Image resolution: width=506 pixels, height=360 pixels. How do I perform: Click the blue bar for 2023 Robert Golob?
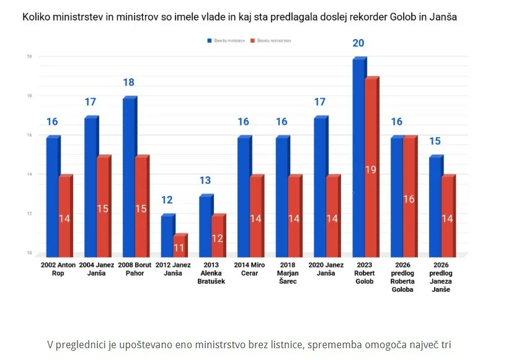(x=359, y=155)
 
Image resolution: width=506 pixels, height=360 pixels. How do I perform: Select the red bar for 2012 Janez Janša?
(x=180, y=245)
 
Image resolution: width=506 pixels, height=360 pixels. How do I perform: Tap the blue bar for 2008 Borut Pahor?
(x=129, y=177)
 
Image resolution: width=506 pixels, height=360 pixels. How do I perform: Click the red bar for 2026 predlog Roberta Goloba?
(x=409, y=196)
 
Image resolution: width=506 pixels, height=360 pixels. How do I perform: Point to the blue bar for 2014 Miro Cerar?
(x=244, y=196)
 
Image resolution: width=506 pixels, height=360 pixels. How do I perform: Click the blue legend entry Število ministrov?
(x=226, y=40)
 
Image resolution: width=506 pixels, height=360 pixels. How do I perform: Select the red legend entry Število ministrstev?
(x=271, y=40)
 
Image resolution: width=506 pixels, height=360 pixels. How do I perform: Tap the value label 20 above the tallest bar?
(x=358, y=43)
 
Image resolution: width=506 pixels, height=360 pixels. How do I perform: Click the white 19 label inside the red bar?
(x=371, y=169)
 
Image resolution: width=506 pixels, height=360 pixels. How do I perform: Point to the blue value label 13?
(x=205, y=181)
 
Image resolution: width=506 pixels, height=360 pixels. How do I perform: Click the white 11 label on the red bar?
(x=179, y=248)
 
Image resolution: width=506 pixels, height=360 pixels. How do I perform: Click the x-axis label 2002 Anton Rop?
(x=58, y=269)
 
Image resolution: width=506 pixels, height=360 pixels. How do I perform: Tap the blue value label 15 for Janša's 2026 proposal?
(x=435, y=142)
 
